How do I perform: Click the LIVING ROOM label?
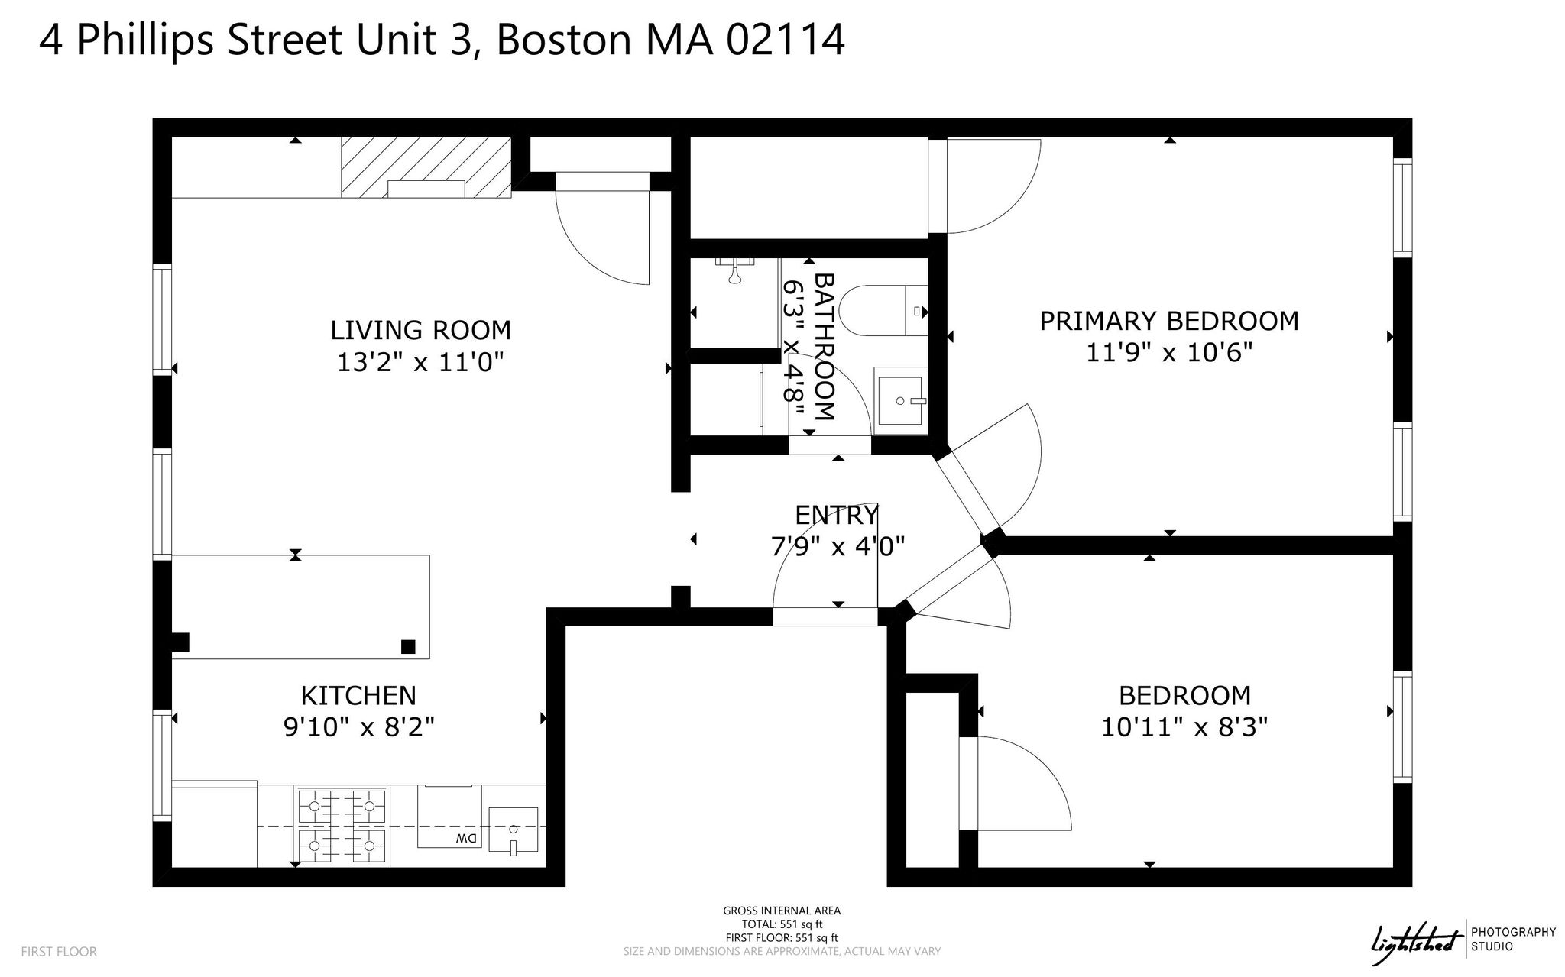tap(420, 330)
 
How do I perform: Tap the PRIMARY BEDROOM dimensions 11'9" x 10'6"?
tap(1169, 353)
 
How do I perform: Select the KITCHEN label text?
tap(358, 695)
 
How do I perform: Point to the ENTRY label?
tap(837, 515)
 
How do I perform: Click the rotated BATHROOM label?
tap(824, 346)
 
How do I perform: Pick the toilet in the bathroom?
tap(883, 311)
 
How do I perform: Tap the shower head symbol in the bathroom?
tap(735, 270)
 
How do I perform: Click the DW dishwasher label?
tap(465, 838)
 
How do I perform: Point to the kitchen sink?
tap(513, 830)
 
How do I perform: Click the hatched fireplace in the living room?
tap(426, 167)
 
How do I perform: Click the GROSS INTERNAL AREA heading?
tap(782, 911)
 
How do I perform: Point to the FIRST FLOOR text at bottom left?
tap(59, 952)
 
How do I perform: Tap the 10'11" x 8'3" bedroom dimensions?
tap(1184, 726)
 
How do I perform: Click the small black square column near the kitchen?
tap(408, 647)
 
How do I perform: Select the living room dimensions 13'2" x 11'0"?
tap(420, 362)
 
